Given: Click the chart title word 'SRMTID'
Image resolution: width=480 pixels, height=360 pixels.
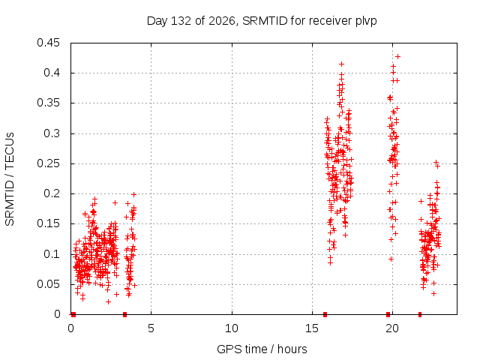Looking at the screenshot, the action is click(x=265, y=21).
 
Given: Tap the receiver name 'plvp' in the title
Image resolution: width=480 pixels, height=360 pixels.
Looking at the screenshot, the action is click(x=366, y=22).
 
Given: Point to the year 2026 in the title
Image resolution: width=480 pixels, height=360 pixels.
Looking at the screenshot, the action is click(x=222, y=21).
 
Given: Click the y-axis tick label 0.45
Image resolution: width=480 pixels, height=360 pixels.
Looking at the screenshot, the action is click(x=48, y=43).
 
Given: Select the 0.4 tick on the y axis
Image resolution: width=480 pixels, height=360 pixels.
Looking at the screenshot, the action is click(x=52, y=73).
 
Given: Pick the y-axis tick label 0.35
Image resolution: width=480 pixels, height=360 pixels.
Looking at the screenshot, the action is click(x=48, y=103).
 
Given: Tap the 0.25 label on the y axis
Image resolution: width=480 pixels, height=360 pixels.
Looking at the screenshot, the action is click(x=48, y=163).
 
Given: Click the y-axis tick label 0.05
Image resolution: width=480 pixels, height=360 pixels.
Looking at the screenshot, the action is click(x=48, y=284).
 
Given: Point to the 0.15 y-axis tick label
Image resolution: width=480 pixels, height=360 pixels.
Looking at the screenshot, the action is click(x=48, y=223).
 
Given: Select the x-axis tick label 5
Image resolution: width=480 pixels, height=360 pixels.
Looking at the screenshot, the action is click(x=151, y=328).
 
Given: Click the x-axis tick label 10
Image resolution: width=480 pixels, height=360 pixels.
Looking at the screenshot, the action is click(x=232, y=328).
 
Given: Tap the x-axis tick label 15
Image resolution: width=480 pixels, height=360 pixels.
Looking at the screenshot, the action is click(x=312, y=328).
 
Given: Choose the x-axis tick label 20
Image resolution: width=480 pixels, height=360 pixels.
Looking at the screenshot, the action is click(x=392, y=328).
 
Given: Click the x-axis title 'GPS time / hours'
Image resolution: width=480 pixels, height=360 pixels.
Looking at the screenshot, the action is click(x=262, y=349).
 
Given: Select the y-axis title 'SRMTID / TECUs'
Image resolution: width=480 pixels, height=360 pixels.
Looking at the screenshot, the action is click(x=10, y=179).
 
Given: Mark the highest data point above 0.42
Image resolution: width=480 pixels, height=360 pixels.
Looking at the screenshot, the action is click(x=397, y=57).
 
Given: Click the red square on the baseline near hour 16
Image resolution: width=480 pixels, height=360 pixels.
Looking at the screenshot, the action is click(x=325, y=314).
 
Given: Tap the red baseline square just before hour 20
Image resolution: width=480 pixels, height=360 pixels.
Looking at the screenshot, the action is click(x=388, y=314).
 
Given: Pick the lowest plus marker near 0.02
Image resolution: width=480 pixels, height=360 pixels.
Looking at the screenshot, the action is click(x=108, y=301).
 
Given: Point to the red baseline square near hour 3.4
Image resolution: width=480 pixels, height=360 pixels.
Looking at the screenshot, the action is click(x=124, y=314).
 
